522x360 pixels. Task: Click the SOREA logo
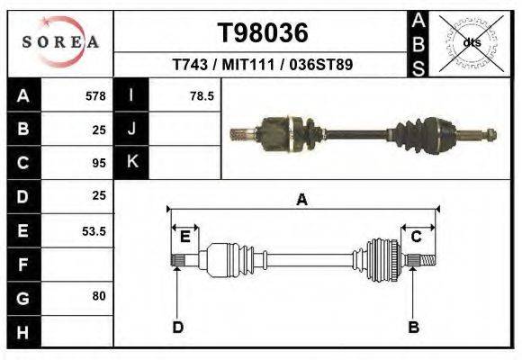click(59, 42)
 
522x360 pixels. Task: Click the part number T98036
click(262, 33)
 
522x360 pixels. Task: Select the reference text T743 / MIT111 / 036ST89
click(262, 65)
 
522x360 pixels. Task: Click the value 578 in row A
click(95, 96)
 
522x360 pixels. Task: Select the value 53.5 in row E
click(94, 231)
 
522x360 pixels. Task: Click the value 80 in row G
click(99, 296)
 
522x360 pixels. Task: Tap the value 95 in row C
click(99, 163)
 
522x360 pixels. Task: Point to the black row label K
click(132, 162)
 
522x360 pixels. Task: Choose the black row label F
click(22, 265)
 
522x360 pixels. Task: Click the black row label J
click(132, 129)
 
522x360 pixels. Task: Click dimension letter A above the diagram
click(302, 200)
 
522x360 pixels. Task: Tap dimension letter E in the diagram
click(184, 237)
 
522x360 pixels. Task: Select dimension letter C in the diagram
click(416, 237)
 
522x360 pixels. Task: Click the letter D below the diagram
click(177, 327)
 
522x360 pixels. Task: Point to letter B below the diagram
click(414, 327)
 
